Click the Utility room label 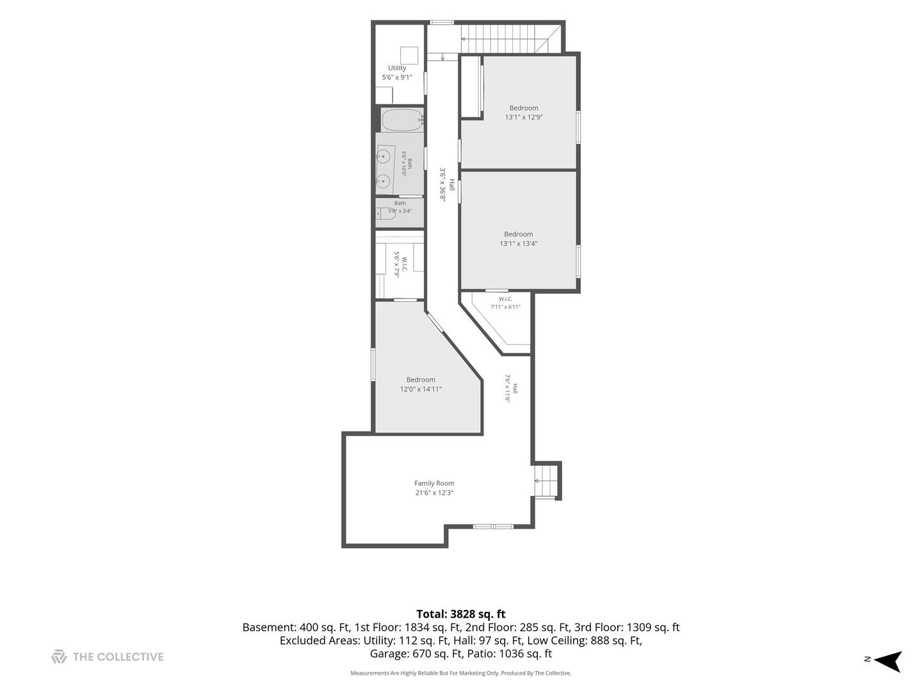click(x=396, y=68)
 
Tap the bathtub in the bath click(x=402, y=120)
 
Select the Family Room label click(x=434, y=483)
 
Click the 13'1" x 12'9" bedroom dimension click(x=523, y=117)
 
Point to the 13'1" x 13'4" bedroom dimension click(x=518, y=243)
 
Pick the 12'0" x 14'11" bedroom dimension click(x=421, y=389)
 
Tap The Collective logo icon click(x=59, y=656)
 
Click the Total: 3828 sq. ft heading click(x=461, y=614)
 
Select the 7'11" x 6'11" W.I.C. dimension click(x=505, y=307)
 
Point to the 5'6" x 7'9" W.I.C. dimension click(x=396, y=264)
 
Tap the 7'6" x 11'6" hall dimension click(x=507, y=388)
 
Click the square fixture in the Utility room click(x=408, y=56)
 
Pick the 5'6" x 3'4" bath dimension click(x=400, y=211)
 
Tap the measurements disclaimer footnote click(x=461, y=673)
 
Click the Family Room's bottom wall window click(x=493, y=527)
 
